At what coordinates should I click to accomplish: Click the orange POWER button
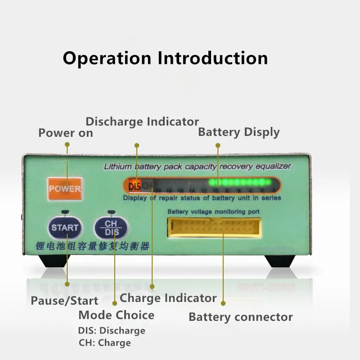point(65,189)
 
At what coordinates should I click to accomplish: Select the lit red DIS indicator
point(135,184)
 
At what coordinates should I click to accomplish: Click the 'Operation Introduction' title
point(165,58)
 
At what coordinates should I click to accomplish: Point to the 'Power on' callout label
point(66,133)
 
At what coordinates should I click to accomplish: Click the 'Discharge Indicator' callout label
point(142,121)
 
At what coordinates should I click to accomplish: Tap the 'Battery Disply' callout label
point(239,132)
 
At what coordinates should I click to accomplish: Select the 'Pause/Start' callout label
point(64,301)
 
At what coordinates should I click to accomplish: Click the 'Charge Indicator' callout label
point(168,298)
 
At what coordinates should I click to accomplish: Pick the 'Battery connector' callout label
point(241,317)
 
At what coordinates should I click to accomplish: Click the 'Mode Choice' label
point(116,315)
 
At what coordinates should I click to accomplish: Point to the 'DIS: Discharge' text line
point(112,331)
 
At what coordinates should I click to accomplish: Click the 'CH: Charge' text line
point(104,343)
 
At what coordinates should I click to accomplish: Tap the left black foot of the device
point(50,261)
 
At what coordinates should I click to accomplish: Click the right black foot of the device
point(279,261)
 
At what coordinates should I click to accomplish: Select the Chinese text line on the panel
point(92,246)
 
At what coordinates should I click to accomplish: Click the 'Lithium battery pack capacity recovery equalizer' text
point(197,166)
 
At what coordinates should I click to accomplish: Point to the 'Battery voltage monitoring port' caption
point(213,211)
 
